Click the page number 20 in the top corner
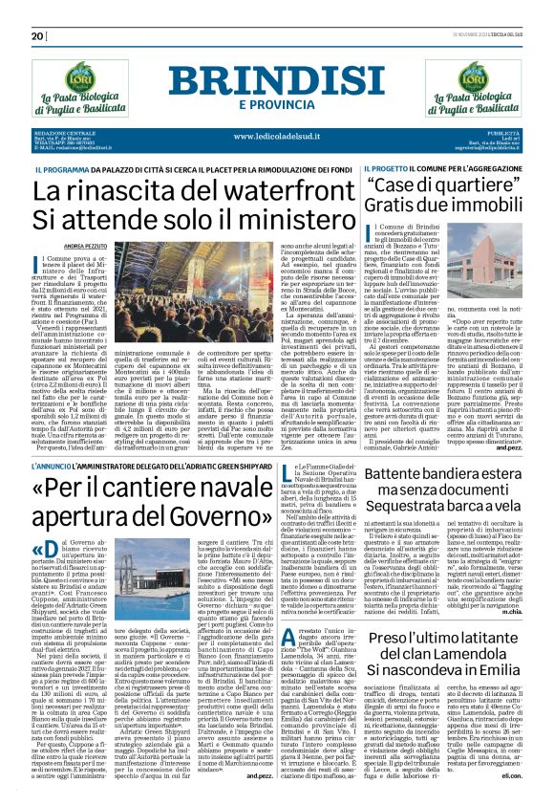click(36, 36)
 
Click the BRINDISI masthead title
click(276, 80)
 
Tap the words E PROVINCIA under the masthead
click(276, 103)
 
